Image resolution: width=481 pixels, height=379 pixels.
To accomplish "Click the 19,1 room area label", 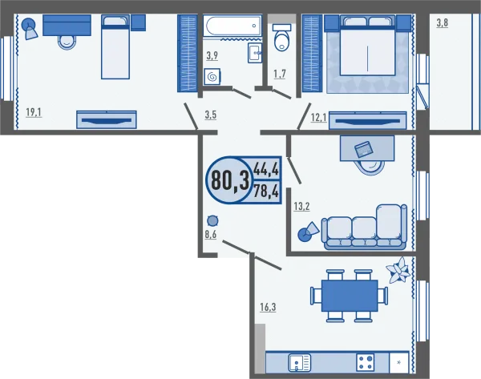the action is (x=34, y=112).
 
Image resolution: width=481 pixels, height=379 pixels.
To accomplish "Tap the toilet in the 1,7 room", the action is (x=281, y=38).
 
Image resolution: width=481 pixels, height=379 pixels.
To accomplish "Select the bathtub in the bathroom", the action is (x=232, y=26).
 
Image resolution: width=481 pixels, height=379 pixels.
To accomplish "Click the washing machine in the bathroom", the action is (x=212, y=76).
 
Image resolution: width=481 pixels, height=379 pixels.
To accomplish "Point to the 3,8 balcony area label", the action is (x=443, y=22).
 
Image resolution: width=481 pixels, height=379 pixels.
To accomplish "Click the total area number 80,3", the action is (x=230, y=180).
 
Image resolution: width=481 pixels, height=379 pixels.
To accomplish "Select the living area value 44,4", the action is (x=266, y=168).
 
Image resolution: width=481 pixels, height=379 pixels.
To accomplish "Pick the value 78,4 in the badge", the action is (x=266, y=192).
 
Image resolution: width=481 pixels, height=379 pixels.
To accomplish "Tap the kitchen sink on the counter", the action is (x=300, y=363).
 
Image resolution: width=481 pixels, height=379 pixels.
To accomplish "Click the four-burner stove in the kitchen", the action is (x=366, y=362).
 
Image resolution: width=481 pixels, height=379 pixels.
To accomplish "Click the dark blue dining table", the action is (x=350, y=296).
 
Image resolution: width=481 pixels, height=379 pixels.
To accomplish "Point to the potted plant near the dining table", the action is (x=398, y=270).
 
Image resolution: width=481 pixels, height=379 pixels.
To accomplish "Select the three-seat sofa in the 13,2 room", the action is (x=364, y=228).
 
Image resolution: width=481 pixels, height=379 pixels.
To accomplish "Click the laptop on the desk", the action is (x=364, y=149).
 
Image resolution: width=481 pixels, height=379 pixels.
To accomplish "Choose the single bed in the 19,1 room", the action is (x=115, y=47).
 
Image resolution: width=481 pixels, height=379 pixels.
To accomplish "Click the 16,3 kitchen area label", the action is (x=268, y=307).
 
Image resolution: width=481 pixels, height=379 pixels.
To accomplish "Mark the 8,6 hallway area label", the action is (x=211, y=234).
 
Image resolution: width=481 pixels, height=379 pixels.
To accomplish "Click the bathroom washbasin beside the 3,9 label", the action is (x=255, y=53).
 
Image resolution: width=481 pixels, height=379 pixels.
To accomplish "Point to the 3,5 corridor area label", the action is (x=211, y=115).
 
